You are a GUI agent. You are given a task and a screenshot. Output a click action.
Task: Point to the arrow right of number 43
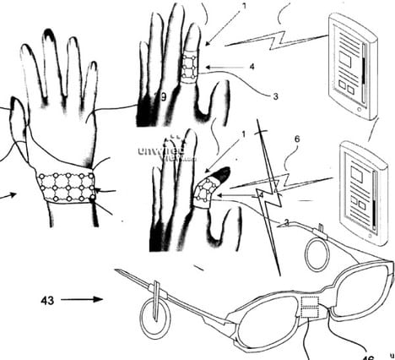click(84, 298)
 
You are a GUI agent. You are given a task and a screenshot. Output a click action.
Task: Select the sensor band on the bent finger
click(203, 194)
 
